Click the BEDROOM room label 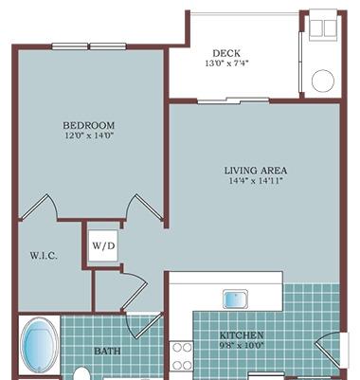click(88, 125)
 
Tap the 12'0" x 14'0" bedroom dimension click(89, 136)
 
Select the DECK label click(226, 53)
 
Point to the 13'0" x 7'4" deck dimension click(227, 63)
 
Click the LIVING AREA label click(256, 171)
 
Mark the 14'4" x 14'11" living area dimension click(256, 181)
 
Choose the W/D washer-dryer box click(103, 245)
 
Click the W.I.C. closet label click(44, 256)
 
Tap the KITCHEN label click(242, 335)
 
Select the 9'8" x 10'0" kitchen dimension click(242, 345)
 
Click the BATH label click(107, 351)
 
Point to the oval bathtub click(39, 345)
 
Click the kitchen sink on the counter click(236, 299)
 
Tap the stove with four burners click(181, 356)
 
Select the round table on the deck click(323, 81)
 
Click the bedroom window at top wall click(89, 46)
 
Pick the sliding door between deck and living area click(233, 100)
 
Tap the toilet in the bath click(82, 373)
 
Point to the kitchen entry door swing click(329, 351)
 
